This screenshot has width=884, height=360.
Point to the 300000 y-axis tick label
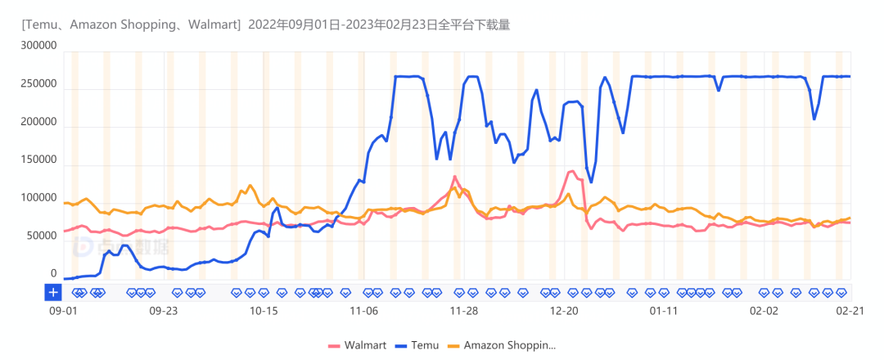point(38,47)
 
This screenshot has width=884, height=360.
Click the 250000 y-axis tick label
point(38,84)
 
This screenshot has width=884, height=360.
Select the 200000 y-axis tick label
point(38,122)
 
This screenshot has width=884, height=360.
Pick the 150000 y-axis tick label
point(38,160)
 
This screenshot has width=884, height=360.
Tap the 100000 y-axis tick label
point(38,198)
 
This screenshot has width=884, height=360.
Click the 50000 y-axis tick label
point(41,236)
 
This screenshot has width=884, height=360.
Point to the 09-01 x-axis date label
point(64,311)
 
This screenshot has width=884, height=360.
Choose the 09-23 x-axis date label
point(164,311)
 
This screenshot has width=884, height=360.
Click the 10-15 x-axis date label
point(264,311)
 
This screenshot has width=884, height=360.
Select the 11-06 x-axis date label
point(363,311)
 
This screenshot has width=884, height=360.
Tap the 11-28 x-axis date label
point(463,311)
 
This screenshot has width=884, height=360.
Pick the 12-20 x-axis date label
point(564,311)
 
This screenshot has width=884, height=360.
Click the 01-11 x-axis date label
point(664,311)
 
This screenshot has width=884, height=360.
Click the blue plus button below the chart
point(53,292)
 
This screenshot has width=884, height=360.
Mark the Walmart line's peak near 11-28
point(455,177)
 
